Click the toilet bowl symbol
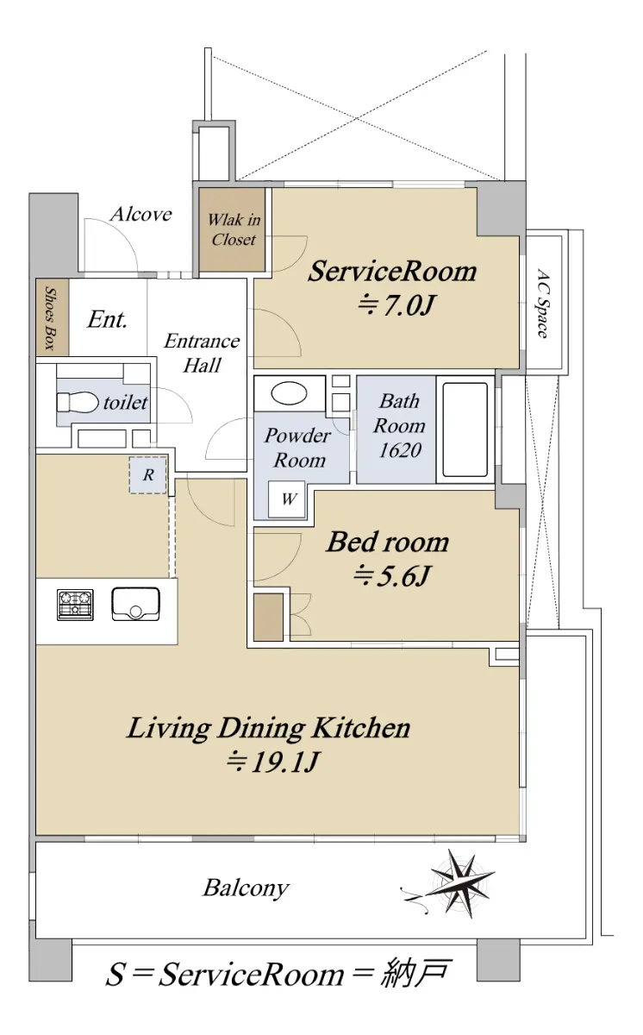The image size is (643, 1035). (78, 402)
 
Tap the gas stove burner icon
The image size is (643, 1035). (75, 605)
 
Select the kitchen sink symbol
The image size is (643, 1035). (135, 604)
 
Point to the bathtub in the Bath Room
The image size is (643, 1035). (465, 430)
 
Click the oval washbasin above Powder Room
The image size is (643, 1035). (289, 393)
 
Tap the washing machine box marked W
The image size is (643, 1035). (287, 499)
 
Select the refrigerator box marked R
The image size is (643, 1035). (147, 475)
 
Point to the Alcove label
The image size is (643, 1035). (141, 215)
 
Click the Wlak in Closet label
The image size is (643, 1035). (234, 229)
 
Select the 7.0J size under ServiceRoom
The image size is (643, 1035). (396, 305)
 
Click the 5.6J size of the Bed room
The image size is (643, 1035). (392, 576)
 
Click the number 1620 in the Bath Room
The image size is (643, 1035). (400, 450)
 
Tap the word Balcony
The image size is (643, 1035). (246, 888)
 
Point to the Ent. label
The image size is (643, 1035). (107, 320)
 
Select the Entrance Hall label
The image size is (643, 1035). (203, 354)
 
